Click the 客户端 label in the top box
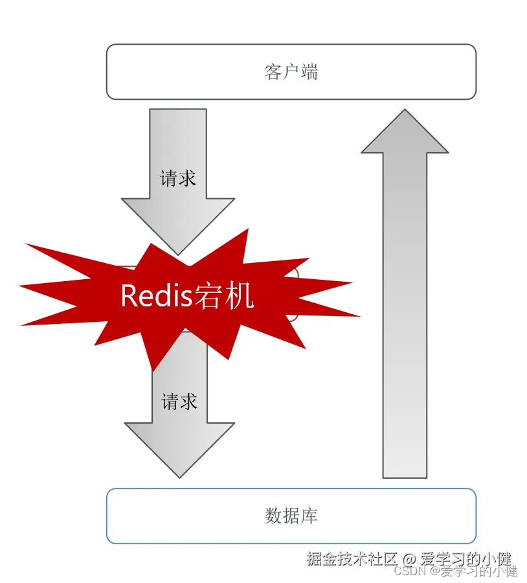tap(291, 72)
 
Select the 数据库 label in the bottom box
tap(291, 516)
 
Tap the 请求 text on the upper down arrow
tap(178, 178)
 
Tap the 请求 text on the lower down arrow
tap(179, 402)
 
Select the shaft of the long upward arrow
tap(405, 324)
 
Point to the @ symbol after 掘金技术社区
tap(409, 558)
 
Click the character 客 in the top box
tap(273, 72)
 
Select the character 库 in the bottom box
tap(309, 516)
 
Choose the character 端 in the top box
tap(309, 72)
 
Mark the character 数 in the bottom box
tap(273, 516)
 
